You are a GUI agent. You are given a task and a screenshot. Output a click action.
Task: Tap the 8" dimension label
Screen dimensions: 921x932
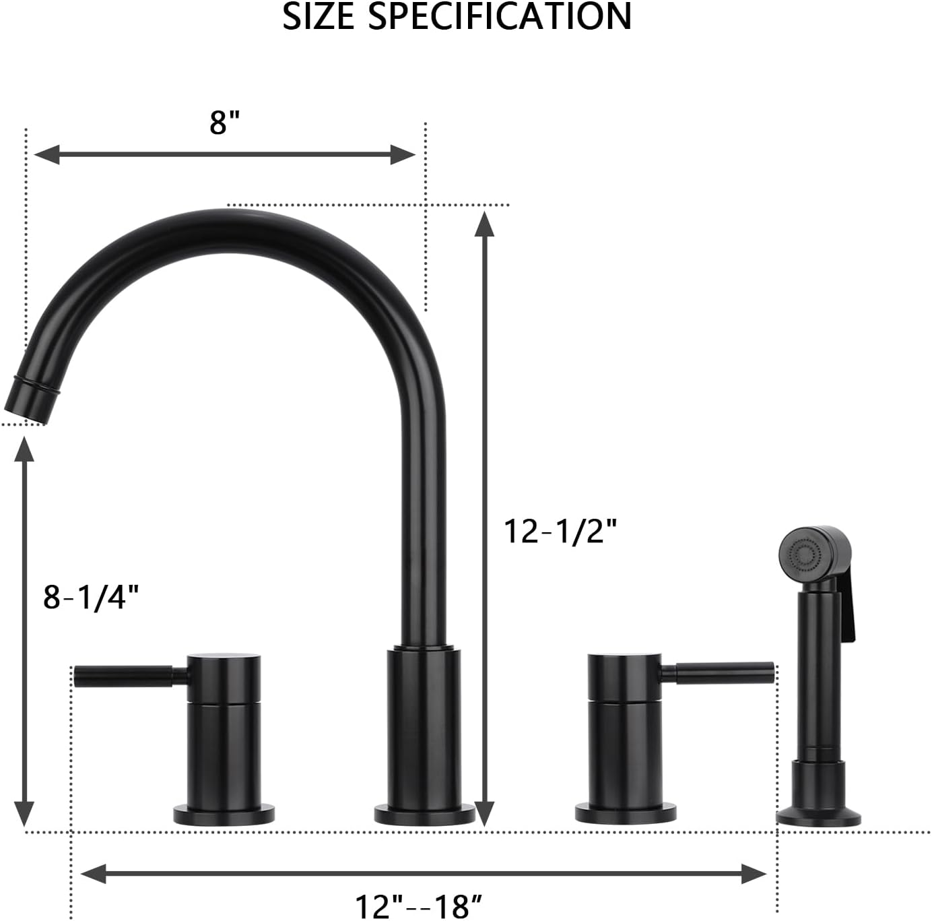(224, 123)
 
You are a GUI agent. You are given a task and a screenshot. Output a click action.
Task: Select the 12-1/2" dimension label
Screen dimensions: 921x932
(560, 532)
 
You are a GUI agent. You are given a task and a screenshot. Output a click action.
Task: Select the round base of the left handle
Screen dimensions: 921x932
(224, 815)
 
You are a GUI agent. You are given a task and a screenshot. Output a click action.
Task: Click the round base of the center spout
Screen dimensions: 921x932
(424, 815)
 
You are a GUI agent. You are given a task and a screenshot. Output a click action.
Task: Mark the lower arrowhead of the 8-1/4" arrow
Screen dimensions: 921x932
(24, 813)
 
